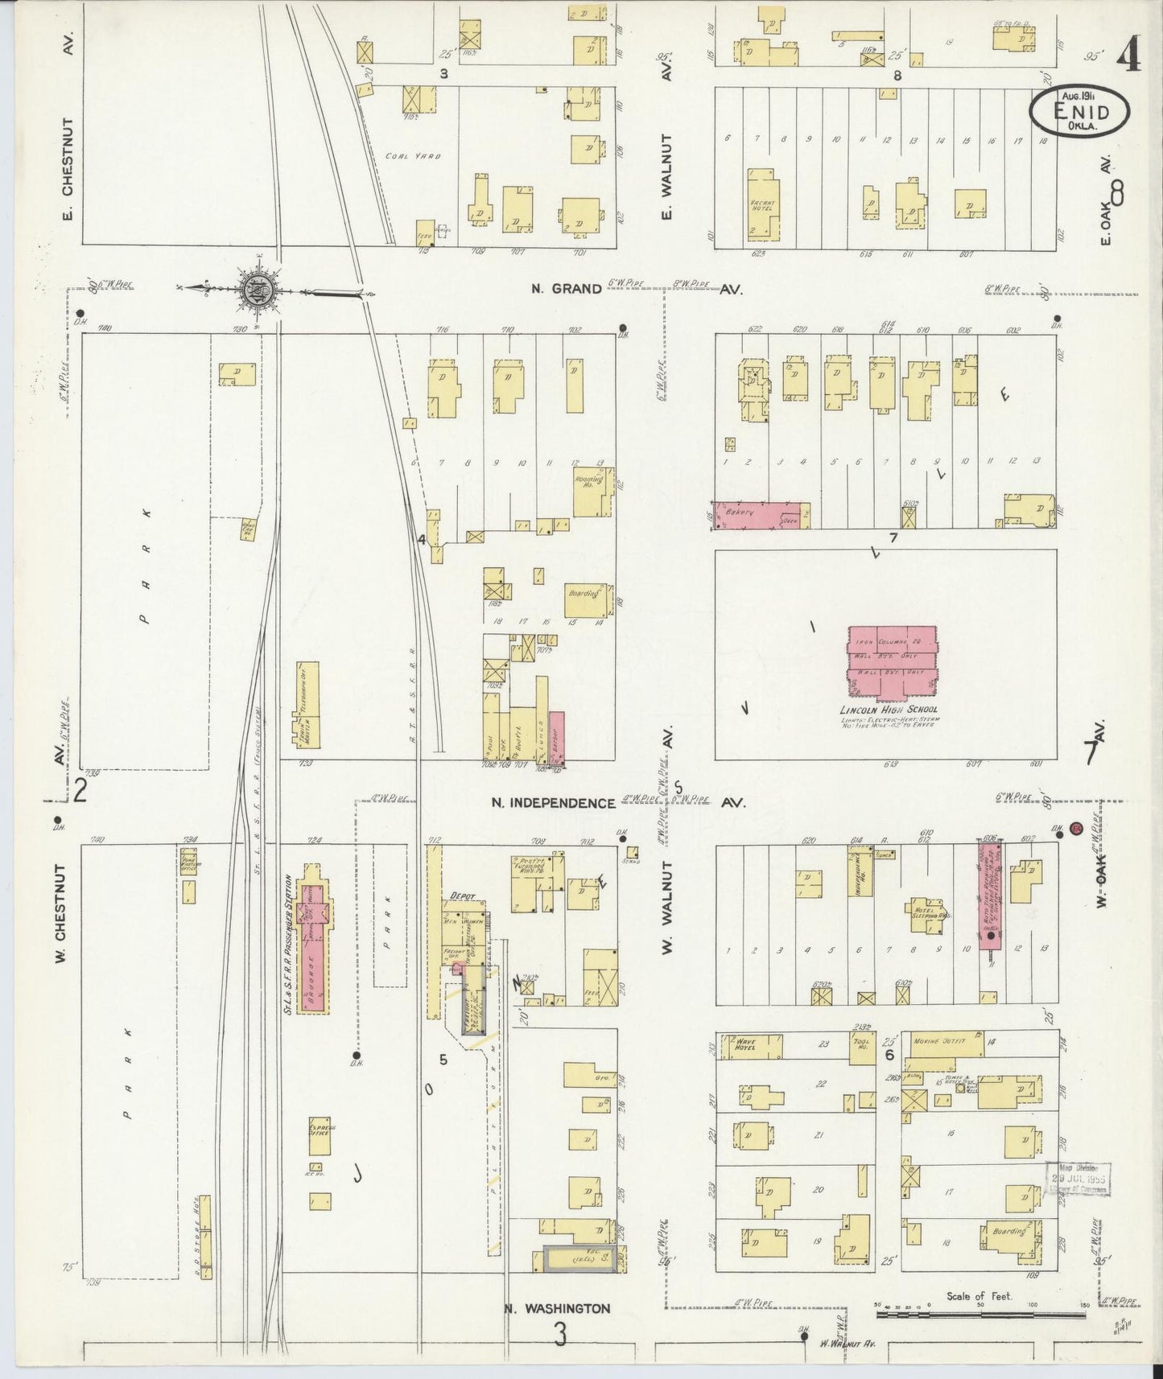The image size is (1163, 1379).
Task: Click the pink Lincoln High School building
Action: coord(892,661)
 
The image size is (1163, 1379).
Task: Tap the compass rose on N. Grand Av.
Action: coord(259,288)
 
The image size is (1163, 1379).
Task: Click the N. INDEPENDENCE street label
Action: coord(554,803)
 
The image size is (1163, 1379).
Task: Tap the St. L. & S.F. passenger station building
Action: coord(311,938)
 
